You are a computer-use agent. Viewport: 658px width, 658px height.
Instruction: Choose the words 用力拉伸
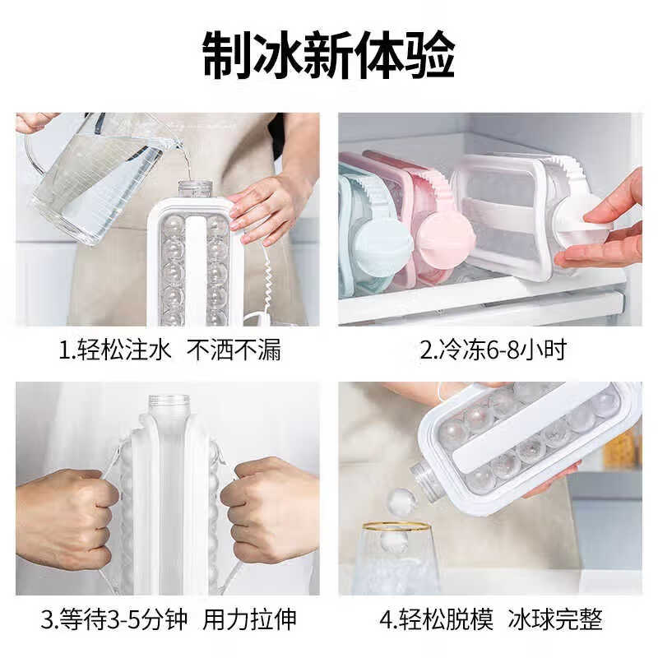[250, 619]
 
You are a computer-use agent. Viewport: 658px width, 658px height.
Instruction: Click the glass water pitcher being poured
[90, 177]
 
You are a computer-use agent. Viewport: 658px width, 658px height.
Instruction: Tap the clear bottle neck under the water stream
[195, 188]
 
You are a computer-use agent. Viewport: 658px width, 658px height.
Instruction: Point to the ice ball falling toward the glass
[401, 502]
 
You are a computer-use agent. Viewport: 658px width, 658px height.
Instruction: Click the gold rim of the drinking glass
[396, 526]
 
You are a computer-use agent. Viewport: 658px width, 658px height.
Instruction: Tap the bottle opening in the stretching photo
[168, 401]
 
